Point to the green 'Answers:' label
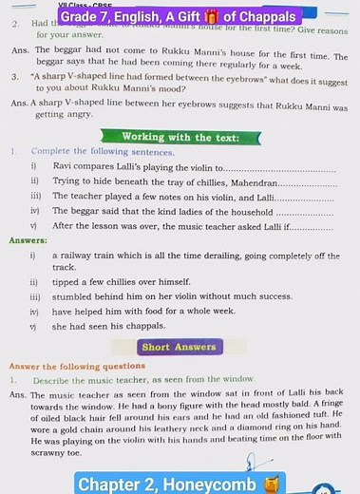28,240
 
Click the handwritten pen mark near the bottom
251,463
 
